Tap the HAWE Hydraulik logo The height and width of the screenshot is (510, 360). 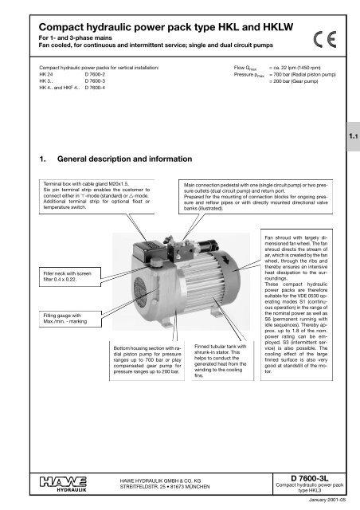45,481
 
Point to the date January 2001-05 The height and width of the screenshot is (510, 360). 327,503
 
